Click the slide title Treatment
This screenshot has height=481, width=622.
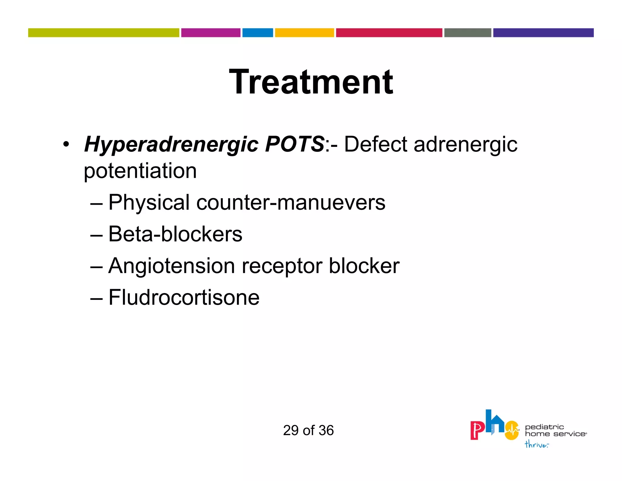[x=311, y=82]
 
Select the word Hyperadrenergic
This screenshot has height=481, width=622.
[x=171, y=144]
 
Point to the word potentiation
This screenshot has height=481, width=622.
[x=140, y=171]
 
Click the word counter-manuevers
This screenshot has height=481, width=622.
[x=291, y=203]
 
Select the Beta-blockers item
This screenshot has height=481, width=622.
[x=175, y=234]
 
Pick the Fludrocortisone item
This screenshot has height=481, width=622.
[x=184, y=298]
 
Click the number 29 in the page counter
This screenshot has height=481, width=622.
[x=291, y=431]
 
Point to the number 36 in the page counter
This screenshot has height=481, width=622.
[x=326, y=431]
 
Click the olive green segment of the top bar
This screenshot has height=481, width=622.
[x=104, y=33]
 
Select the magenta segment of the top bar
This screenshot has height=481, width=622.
[x=211, y=33]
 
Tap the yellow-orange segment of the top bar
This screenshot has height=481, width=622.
[x=304, y=33]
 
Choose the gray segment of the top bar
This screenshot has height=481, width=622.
[x=467, y=33]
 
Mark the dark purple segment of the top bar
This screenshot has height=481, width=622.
[x=543, y=33]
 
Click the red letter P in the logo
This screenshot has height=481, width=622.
[x=477, y=430]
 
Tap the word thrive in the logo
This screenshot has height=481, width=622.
[x=536, y=445]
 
